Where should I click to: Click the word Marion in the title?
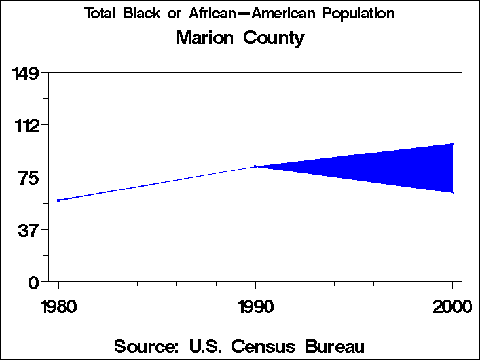[x=204, y=38]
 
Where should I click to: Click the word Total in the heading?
[x=102, y=14]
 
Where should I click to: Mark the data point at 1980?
[x=58, y=200]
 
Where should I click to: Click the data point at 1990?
[x=255, y=166]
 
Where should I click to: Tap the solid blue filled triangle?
[x=393, y=167]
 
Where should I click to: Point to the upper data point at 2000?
[x=452, y=143]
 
